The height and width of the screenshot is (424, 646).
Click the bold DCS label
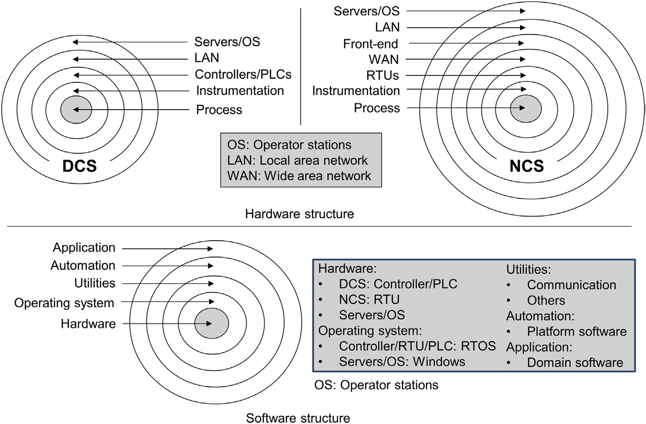click(80, 166)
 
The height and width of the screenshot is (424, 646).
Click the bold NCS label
click(526, 166)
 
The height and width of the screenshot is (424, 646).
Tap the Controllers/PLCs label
click(243, 74)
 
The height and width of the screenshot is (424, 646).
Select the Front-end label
click(370, 44)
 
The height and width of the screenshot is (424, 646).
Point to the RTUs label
click(382, 75)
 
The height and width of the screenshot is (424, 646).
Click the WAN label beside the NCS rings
click(384, 59)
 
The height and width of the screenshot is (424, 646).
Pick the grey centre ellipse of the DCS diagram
click(76, 109)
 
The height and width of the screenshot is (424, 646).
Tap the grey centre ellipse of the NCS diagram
click(526, 108)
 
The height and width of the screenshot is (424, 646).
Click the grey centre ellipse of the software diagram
click(211, 323)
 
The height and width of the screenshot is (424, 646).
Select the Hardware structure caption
click(299, 214)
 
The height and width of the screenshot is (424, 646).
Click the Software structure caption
click(298, 418)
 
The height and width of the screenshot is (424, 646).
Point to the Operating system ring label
click(64, 303)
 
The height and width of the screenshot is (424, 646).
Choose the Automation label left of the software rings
click(83, 265)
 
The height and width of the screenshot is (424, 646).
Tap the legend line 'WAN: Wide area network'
click(299, 176)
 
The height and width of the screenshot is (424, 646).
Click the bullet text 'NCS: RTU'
click(369, 299)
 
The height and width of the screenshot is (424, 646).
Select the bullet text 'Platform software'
click(576, 331)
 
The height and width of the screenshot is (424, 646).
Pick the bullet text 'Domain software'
click(575, 363)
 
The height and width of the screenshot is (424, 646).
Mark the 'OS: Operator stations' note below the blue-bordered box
click(376, 385)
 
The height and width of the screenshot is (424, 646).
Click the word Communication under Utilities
click(571, 285)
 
